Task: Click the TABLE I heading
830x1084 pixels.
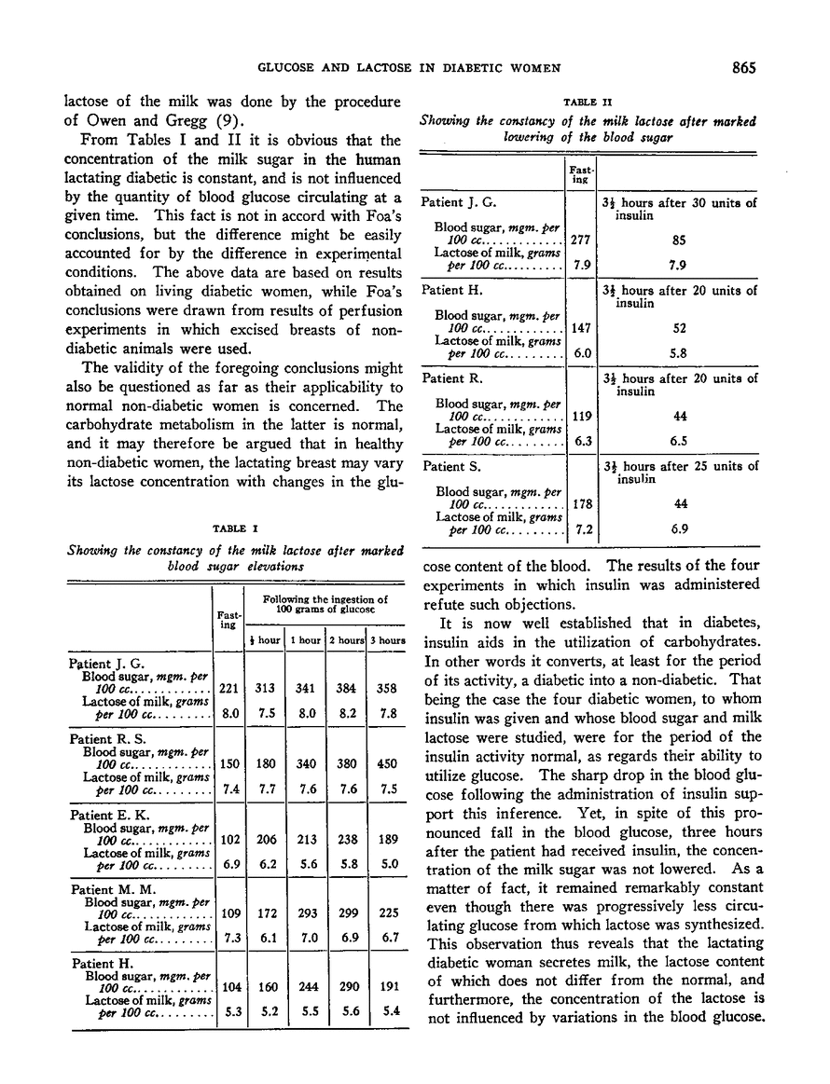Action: coord(236,529)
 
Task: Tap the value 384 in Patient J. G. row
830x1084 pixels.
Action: coord(346,688)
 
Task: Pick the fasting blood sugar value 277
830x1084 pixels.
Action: coord(581,238)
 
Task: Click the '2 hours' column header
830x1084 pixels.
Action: coord(346,640)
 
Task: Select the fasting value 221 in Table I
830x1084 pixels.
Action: coord(227,688)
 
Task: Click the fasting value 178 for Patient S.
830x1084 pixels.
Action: coord(581,504)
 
